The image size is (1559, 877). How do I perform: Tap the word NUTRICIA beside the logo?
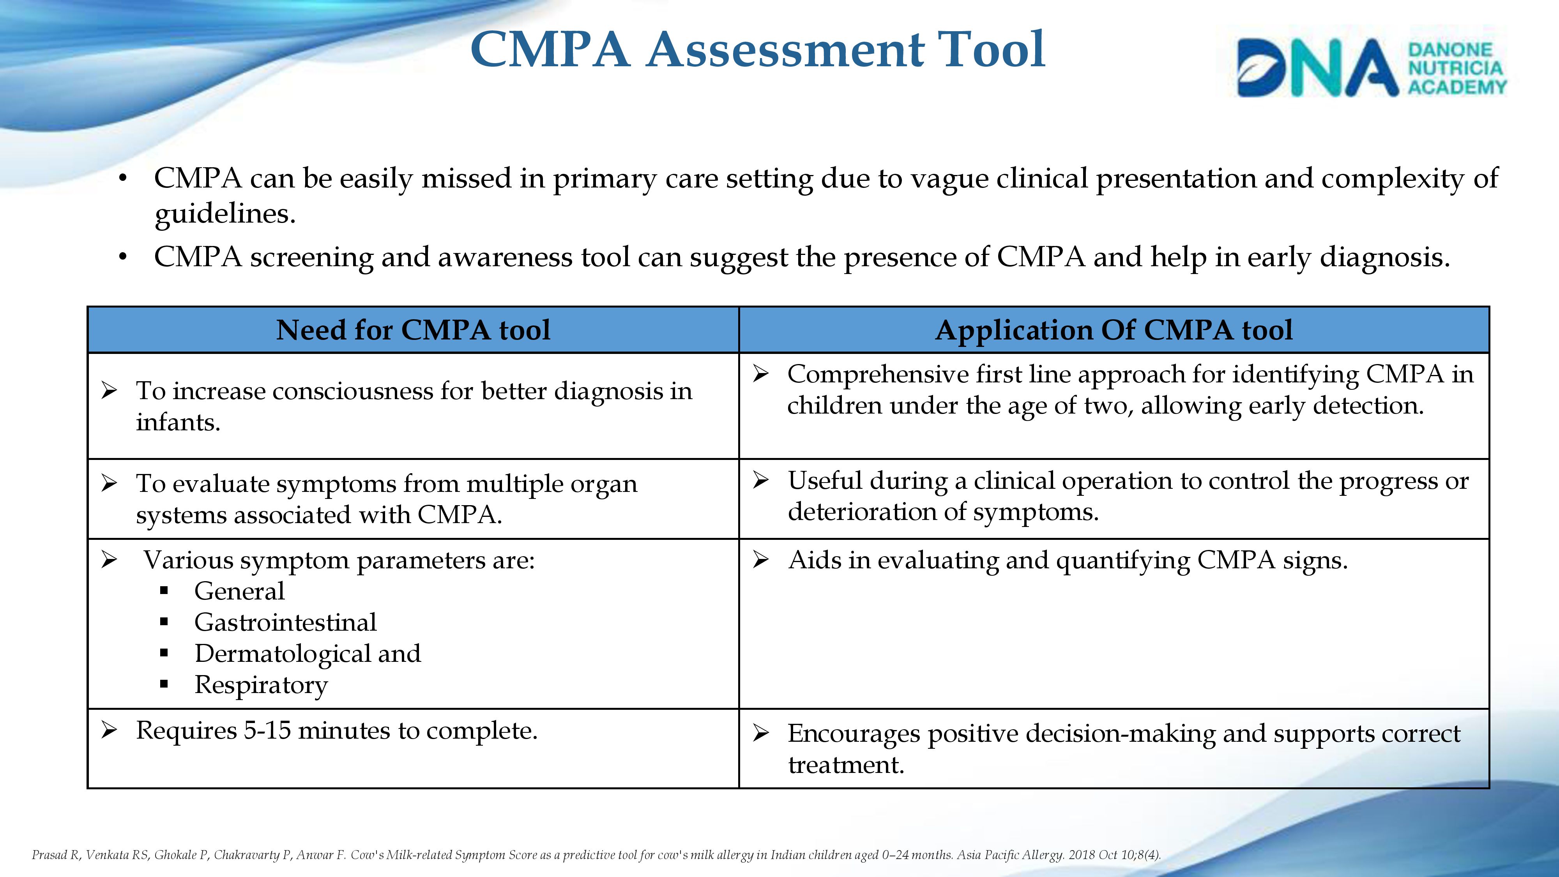click(1455, 68)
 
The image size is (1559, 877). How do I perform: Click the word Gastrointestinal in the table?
click(285, 622)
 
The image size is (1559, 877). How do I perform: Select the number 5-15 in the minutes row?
click(267, 730)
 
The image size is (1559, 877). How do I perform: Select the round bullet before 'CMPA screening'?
click(123, 257)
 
